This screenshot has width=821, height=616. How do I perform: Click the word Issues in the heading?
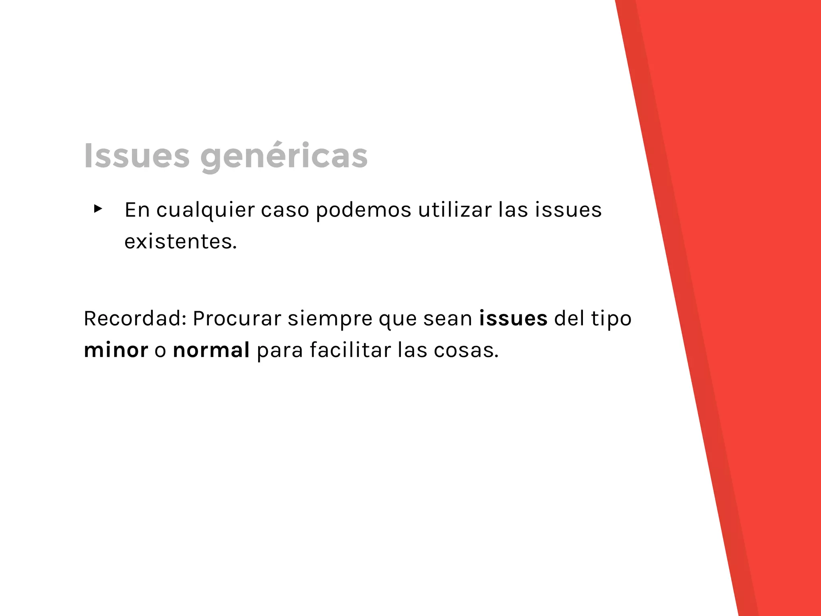(x=137, y=156)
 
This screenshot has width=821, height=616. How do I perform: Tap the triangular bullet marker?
(x=98, y=209)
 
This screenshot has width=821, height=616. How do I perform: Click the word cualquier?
(x=205, y=210)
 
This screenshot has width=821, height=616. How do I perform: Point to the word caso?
(x=285, y=210)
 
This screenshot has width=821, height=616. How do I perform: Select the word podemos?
(x=364, y=210)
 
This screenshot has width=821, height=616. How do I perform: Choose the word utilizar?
(x=455, y=210)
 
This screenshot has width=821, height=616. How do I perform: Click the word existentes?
(x=180, y=242)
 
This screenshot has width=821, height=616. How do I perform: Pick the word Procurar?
(x=237, y=318)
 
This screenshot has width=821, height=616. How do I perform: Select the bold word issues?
(x=513, y=318)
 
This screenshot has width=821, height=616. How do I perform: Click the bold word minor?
(x=116, y=350)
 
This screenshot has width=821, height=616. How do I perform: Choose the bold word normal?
(x=211, y=350)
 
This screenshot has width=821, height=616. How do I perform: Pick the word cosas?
(x=466, y=350)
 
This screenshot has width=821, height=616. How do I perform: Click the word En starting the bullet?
(x=137, y=210)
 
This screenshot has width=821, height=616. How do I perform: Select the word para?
(x=279, y=350)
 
